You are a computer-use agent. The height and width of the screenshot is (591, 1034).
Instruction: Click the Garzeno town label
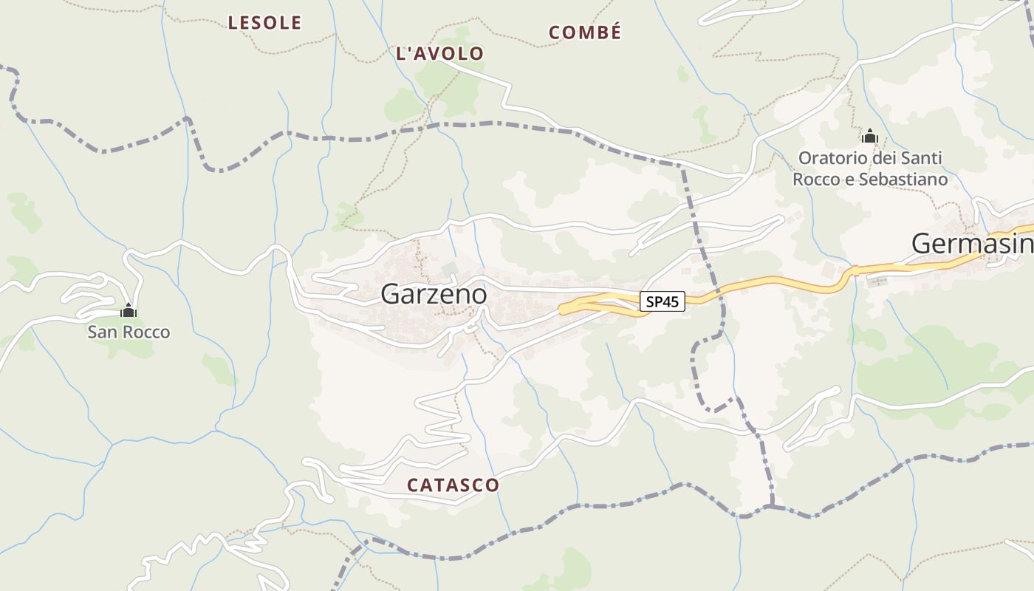(x=434, y=294)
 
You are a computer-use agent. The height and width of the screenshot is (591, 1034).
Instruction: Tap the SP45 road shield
(x=662, y=301)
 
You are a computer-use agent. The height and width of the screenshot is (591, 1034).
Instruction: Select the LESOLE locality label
(x=264, y=23)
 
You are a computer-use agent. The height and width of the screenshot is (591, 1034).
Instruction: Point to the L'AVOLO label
(x=439, y=53)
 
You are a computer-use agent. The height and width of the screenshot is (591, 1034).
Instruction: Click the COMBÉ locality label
(x=585, y=33)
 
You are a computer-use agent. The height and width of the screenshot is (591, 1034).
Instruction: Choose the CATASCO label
(x=453, y=485)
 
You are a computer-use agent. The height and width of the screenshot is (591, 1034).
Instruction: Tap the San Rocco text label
(x=129, y=332)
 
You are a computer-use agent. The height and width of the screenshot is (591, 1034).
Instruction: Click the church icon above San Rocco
(x=129, y=311)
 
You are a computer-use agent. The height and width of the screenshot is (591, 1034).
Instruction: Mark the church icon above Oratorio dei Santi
(x=869, y=137)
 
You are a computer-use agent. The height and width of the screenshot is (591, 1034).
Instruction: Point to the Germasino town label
(x=972, y=243)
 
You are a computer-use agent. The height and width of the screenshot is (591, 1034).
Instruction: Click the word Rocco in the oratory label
(x=815, y=180)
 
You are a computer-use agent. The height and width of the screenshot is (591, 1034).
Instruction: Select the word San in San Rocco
(x=100, y=332)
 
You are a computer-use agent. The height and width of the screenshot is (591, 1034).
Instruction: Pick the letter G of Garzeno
(x=390, y=294)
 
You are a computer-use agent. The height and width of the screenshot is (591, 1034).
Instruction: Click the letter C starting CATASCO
(x=413, y=485)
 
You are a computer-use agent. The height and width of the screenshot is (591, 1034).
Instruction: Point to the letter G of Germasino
(x=922, y=243)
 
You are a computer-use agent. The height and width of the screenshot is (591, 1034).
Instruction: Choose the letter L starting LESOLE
(x=233, y=23)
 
